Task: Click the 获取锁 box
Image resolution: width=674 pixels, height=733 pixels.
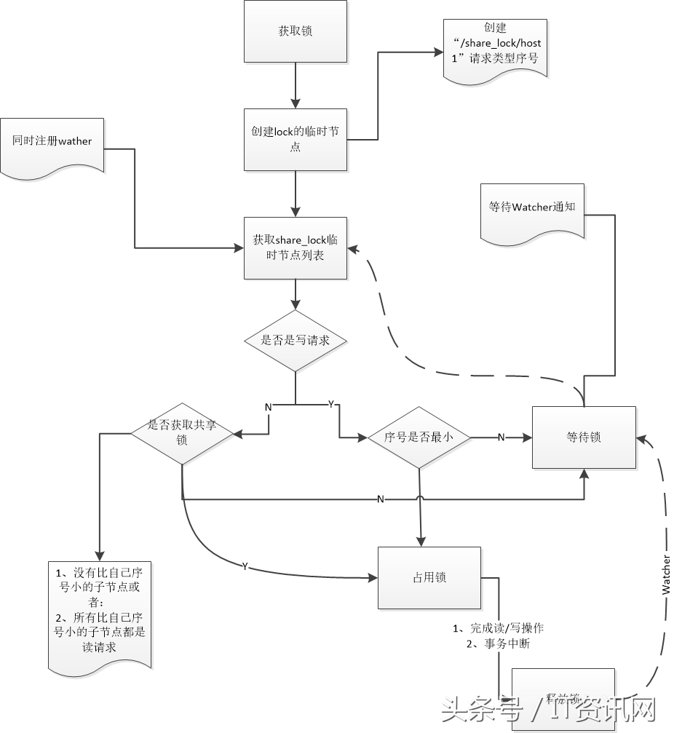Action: tap(295, 31)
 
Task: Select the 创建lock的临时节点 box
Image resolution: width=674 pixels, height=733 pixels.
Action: tap(295, 140)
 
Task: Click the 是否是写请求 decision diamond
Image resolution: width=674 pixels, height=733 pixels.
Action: tap(295, 340)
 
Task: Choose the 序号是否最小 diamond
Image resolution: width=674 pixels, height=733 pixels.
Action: tap(419, 437)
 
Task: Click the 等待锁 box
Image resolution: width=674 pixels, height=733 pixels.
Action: tap(584, 437)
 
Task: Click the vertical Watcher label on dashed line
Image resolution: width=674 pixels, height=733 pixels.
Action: tap(666, 575)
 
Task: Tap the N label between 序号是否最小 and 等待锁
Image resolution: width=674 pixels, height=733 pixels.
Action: tap(501, 437)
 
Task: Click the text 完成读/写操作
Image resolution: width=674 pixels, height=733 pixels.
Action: tap(503, 628)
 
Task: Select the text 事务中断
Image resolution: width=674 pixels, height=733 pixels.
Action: tap(503, 643)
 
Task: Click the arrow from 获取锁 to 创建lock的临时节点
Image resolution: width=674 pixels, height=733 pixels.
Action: tap(295, 86)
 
